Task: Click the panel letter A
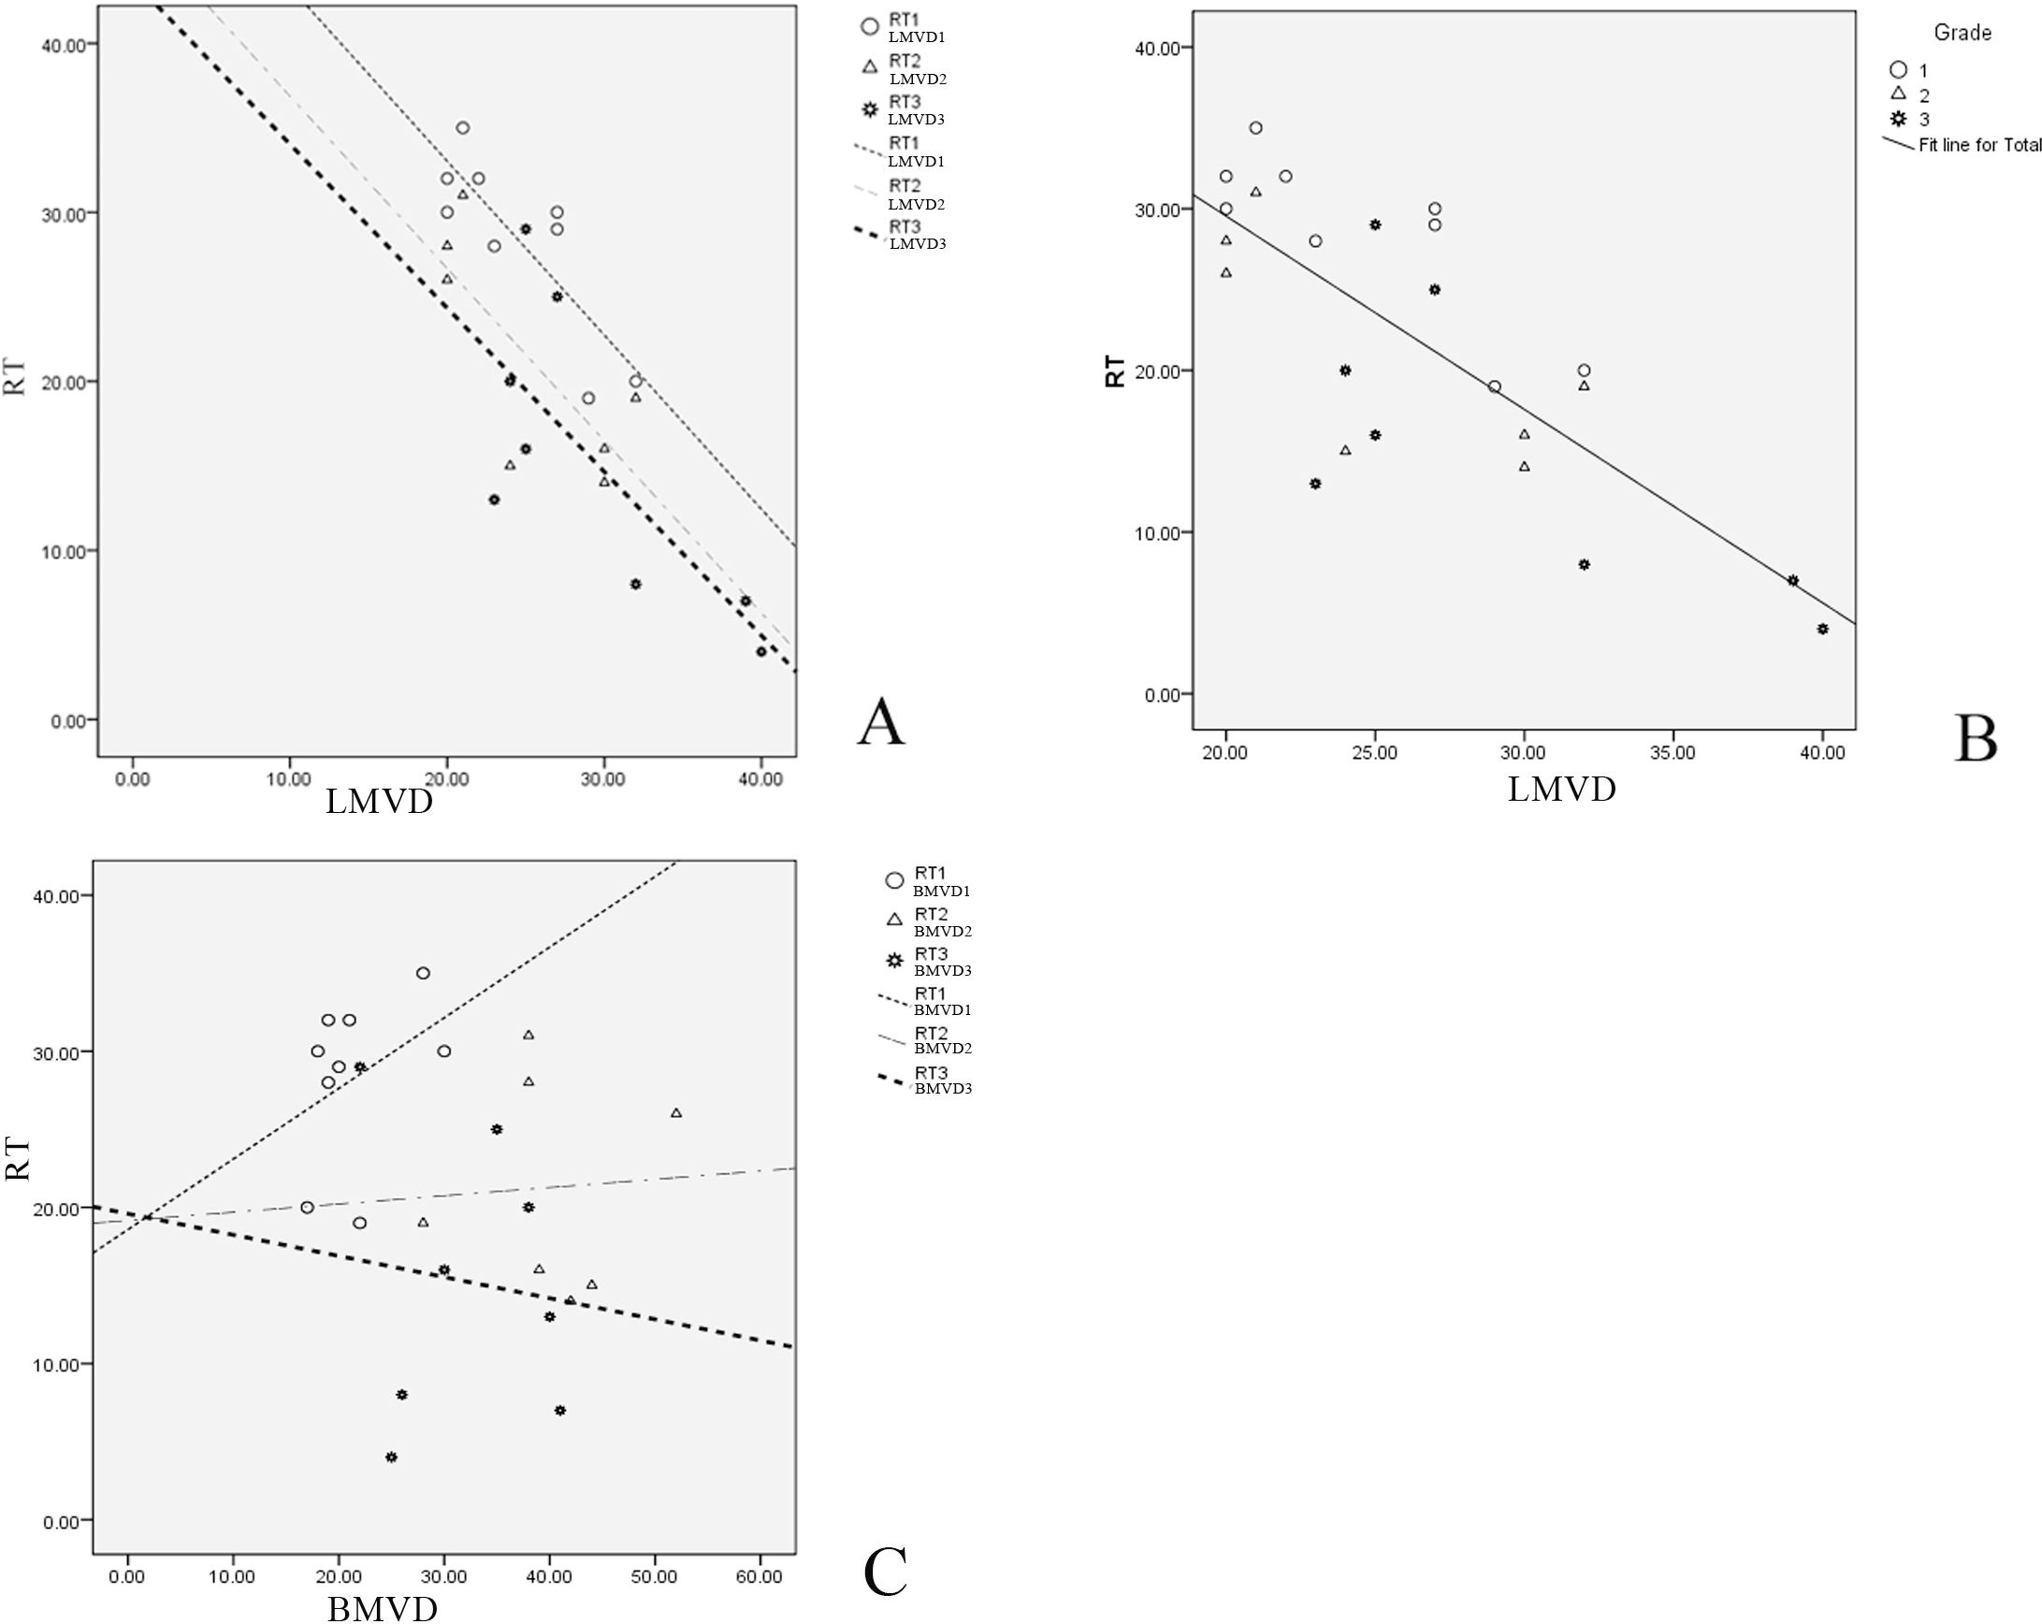click(881, 722)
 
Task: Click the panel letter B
click(1976, 740)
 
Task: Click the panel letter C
click(886, 1572)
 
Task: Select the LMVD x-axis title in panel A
click(379, 802)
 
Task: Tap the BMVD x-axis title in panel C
click(383, 1608)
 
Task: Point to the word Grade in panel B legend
click(1962, 33)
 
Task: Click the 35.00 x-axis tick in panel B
click(1673, 753)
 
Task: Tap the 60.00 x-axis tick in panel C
click(760, 1576)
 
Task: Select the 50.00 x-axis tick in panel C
click(655, 1576)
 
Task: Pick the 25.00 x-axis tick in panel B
click(1374, 753)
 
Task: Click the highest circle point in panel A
click(462, 128)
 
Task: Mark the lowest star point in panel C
click(391, 1457)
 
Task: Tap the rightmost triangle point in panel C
click(676, 1112)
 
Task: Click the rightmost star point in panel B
click(1822, 629)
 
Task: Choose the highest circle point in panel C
click(424, 974)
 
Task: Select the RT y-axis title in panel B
click(1116, 371)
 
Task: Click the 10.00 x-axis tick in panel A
click(289, 779)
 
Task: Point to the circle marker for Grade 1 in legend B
click(1898, 69)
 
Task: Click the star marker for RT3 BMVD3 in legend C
click(894, 961)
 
